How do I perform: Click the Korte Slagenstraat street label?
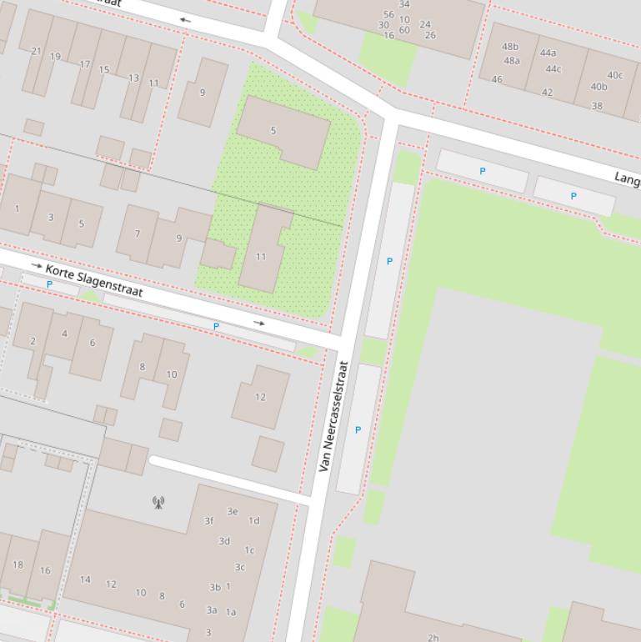point(94,281)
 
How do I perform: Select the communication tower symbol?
point(158,502)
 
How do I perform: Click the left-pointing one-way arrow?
point(185,20)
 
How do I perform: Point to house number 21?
point(36,51)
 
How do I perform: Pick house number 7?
point(138,234)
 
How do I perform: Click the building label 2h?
point(433,637)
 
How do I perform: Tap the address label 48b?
point(510,47)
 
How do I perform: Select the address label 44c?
point(553,69)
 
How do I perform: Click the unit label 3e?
point(233,511)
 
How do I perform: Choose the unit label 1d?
point(253,520)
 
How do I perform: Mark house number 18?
point(18,564)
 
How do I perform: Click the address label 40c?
point(614,75)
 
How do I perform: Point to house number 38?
point(597,106)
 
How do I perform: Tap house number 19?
point(55,57)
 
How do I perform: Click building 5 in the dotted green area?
point(273,131)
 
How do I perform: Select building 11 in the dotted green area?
point(261,257)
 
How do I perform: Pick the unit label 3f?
point(209,521)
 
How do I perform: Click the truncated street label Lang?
point(627,178)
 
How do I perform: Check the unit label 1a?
point(231,611)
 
